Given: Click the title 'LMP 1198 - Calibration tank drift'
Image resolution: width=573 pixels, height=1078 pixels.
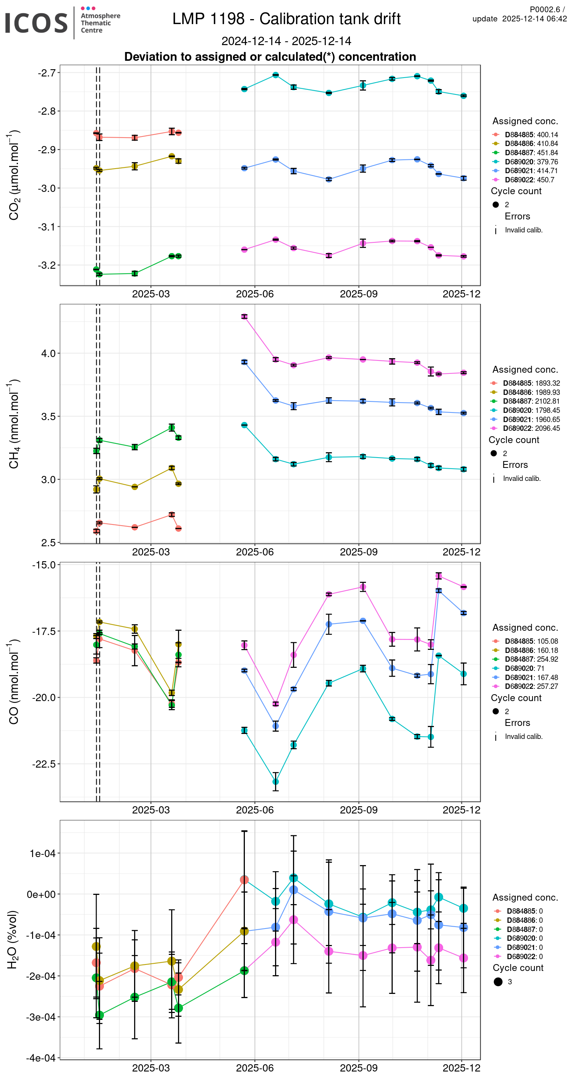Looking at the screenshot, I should tap(286, 19).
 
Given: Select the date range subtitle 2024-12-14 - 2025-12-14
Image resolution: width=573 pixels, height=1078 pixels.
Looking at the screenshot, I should tap(286, 41).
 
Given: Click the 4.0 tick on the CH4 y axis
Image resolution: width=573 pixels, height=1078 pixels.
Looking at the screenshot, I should tap(48, 353).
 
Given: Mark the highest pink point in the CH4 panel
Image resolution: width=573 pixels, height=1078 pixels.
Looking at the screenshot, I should tap(244, 317).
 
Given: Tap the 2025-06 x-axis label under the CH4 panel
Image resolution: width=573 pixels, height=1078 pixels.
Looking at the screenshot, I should tap(255, 552).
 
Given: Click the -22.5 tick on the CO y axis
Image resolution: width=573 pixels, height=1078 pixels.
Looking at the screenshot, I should tap(44, 764).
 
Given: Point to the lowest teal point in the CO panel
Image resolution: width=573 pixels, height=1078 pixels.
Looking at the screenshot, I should tap(276, 782).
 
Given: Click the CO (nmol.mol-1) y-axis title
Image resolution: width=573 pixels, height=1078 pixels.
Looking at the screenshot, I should tap(14, 682).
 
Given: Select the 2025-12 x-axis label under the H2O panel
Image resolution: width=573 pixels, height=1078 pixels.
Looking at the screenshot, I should tap(461, 1068).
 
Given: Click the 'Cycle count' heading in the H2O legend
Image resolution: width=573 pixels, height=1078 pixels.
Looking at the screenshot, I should tap(518, 968).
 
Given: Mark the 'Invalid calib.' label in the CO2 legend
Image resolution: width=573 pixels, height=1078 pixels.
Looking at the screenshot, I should tap(524, 230).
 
